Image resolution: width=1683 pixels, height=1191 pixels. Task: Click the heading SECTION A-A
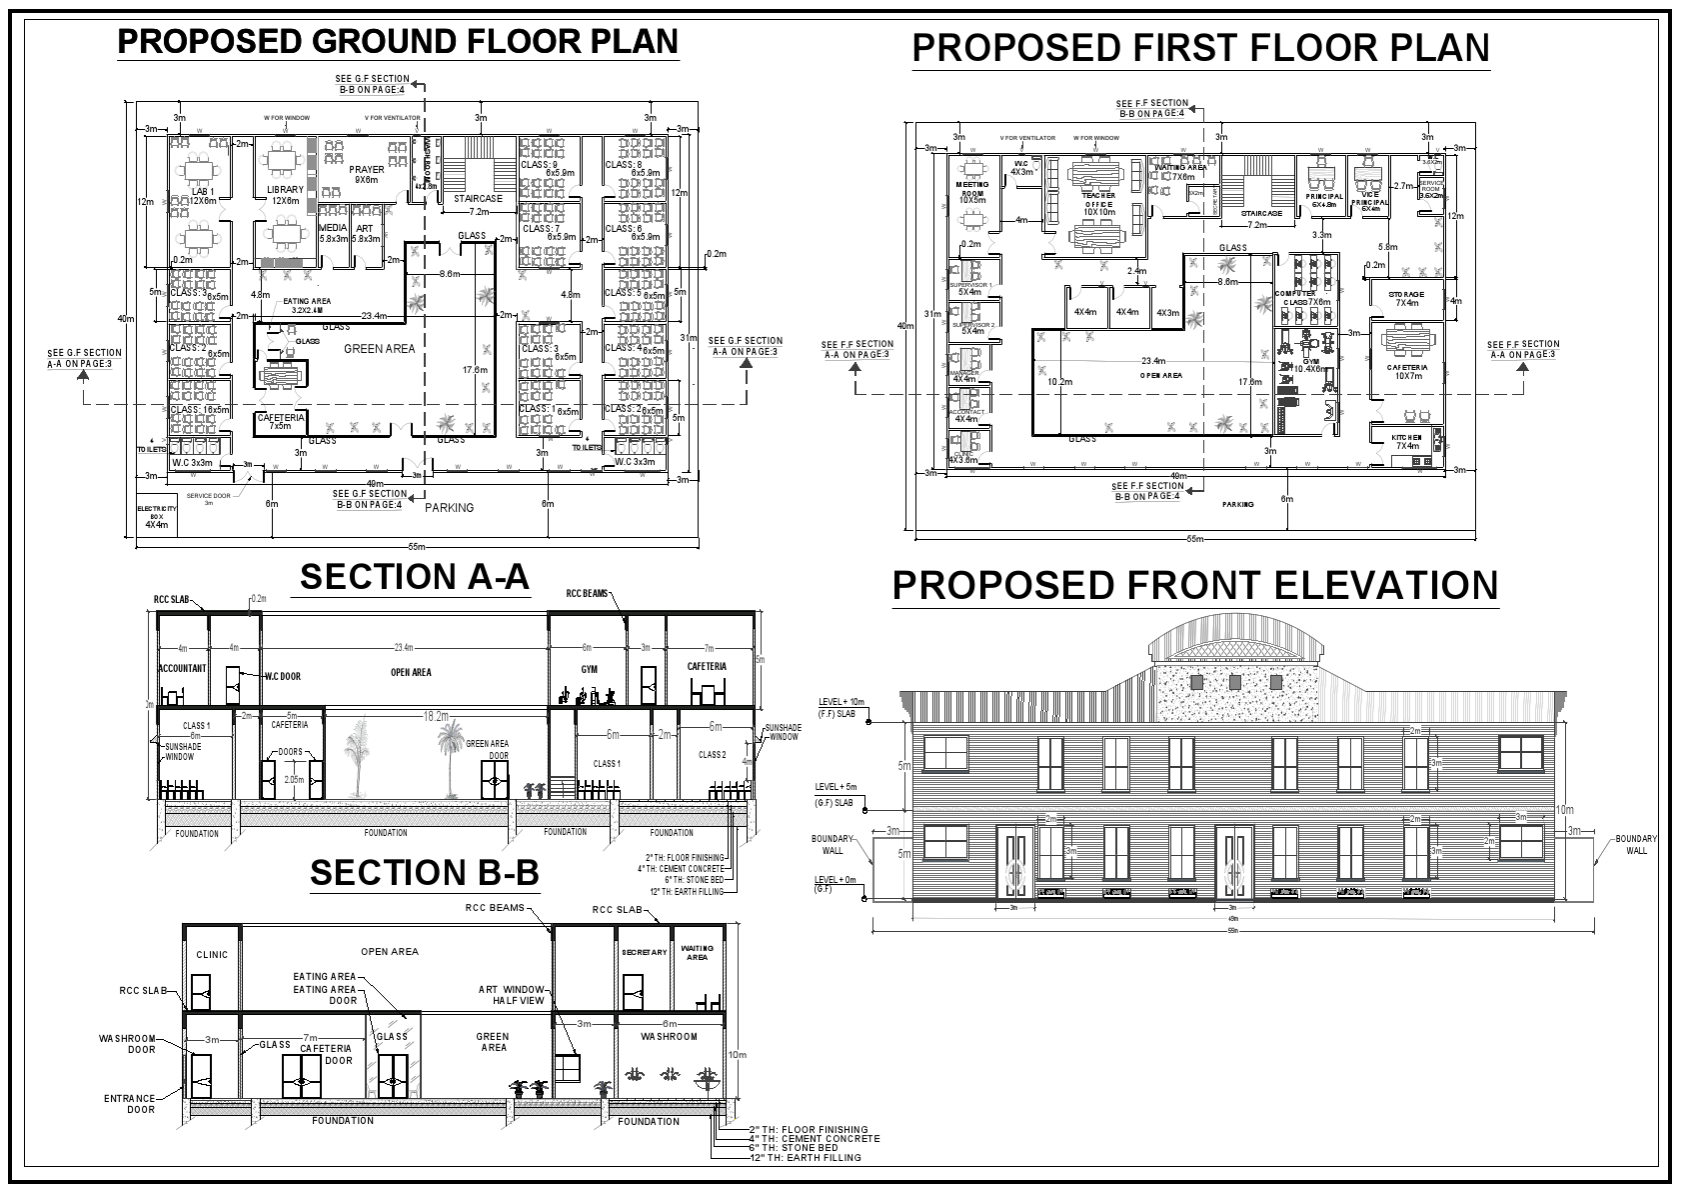pos(414,577)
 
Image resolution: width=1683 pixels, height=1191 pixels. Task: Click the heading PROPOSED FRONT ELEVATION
pos(1195,586)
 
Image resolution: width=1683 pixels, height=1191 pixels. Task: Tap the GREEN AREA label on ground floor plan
pos(379,349)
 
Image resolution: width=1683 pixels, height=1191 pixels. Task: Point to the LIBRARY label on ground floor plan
pos(285,190)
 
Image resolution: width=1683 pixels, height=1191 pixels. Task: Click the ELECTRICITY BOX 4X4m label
pos(156,516)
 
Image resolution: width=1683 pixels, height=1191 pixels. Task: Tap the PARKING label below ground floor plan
pos(449,508)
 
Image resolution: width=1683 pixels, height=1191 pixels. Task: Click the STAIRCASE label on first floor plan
pos(1261,213)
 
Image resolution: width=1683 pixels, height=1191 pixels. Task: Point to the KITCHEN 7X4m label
pos(1407,441)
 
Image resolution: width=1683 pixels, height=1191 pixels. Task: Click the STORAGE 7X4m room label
pos(1405,298)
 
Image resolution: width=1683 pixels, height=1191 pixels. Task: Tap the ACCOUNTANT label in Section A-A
pos(182,668)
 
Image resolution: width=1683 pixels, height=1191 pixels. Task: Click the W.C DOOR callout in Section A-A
pos(283,676)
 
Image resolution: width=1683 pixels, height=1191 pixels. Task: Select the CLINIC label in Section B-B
pos(212,955)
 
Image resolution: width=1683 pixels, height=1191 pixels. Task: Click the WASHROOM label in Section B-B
pos(669,1036)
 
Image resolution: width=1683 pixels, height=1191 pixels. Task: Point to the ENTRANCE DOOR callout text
pos(129,1104)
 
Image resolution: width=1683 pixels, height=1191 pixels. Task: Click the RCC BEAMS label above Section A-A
pos(588,593)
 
